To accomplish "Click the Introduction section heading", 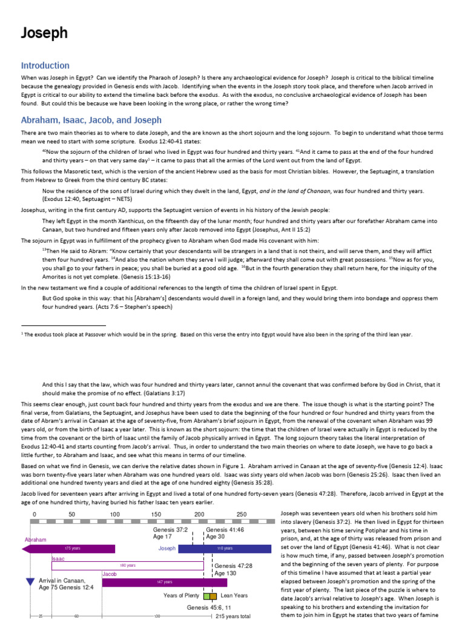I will pyautogui.click(x=45, y=65).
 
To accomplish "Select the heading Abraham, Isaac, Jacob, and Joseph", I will pyautogui.click(x=91, y=120).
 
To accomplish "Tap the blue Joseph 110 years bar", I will pyautogui.click(x=225, y=549).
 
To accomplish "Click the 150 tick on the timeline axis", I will pyautogui.click(x=156, y=515).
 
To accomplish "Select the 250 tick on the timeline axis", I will pyautogui.click(x=242, y=515).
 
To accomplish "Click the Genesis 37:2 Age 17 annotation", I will pyautogui.click(x=170, y=532).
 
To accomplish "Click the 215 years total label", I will pyautogui.click(x=233, y=616).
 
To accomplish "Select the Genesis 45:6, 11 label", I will pyautogui.click(x=209, y=607).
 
